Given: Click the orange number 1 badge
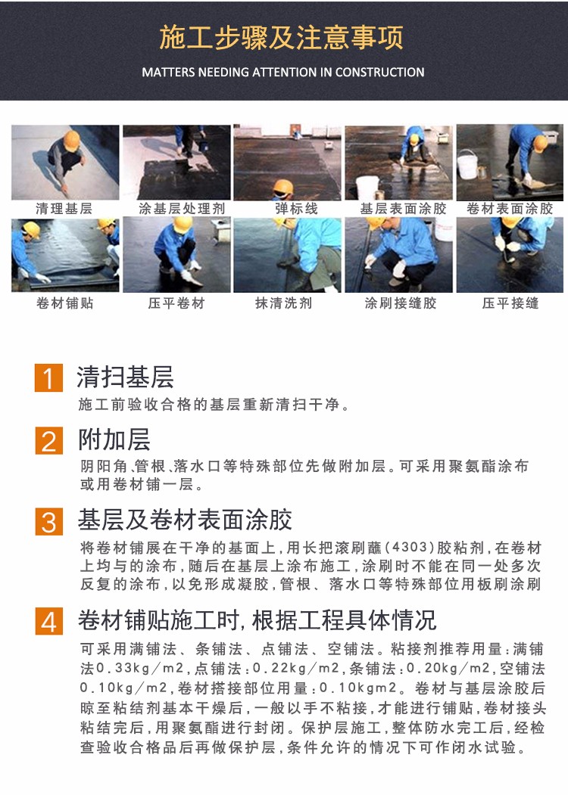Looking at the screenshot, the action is (48, 377).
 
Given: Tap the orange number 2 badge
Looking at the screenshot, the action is (48, 440).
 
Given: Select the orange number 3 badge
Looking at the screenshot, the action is (48, 521).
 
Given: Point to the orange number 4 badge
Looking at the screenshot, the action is (48, 621).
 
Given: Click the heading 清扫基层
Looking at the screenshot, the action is (126, 377).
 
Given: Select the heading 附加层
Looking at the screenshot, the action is (114, 439).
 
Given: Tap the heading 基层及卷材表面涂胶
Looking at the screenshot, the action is (185, 520).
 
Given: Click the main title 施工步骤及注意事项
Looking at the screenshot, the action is (282, 38).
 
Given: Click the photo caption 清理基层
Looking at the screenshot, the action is (64, 208).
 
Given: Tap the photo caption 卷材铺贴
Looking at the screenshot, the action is (65, 303).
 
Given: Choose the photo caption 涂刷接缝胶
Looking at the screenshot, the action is (401, 303).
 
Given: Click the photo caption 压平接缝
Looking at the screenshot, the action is (510, 303).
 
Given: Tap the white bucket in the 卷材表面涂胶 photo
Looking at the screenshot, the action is (467, 165).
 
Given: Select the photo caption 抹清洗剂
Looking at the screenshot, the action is (284, 303).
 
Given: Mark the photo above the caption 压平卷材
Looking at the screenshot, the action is (176, 255).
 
